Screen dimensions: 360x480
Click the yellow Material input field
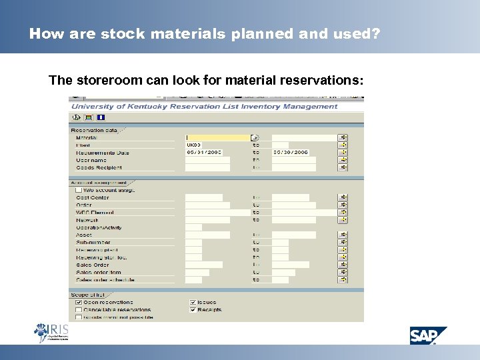point(217,138)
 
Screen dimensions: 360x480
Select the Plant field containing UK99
point(207,145)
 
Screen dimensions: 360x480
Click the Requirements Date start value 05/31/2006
point(207,153)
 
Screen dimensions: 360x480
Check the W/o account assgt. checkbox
point(79,190)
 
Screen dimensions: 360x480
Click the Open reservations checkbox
point(79,303)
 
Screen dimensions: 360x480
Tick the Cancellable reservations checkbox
point(79,310)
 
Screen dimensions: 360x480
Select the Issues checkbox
point(193,303)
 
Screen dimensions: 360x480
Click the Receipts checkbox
point(193,310)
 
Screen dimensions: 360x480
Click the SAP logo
point(428,335)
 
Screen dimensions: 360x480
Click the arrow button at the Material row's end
point(343,138)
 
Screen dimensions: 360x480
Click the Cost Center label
point(93,197)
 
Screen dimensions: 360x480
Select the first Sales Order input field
point(203,265)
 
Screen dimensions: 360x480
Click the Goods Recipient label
point(99,167)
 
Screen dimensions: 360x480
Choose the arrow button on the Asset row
point(343,235)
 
